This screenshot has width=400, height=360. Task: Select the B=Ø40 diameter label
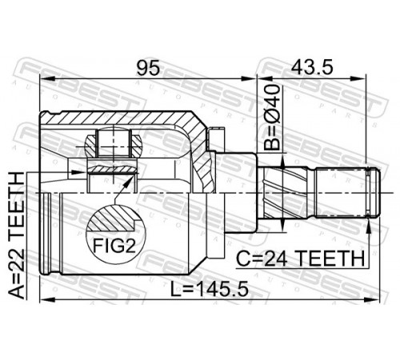point(272,118)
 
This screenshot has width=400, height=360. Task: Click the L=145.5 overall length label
point(210,290)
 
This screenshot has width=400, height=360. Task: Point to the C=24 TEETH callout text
point(301,258)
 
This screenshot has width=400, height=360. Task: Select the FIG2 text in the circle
point(114,246)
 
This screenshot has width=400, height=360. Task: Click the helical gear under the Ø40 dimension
point(283,192)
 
